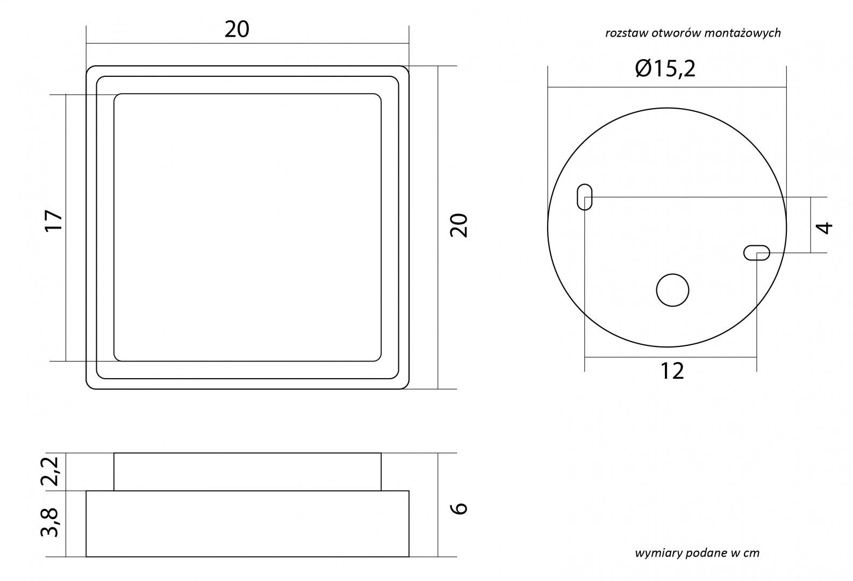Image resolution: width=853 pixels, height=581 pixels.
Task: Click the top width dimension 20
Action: pyautogui.click(x=236, y=30)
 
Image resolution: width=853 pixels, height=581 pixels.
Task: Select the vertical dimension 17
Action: pyautogui.click(x=54, y=220)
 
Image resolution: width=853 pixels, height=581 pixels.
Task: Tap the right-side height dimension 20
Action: pyautogui.click(x=459, y=225)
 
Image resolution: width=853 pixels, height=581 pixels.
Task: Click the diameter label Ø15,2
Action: pyautogui.click(x=665, y=69)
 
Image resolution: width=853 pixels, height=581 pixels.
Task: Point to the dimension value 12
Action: pyautogui.click(x=672, y=371)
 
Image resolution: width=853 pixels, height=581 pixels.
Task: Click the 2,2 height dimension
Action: pyautogui.click(x=50, y=471)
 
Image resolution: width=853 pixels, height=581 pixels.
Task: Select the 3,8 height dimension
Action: pyautogui.click(x=50, y=522)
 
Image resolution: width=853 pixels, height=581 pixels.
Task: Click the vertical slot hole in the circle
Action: pyautogui.click(x=585, y=197)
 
